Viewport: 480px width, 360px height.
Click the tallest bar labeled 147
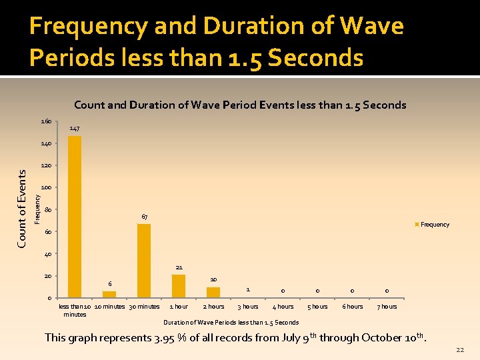[75, 217]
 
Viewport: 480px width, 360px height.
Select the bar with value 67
[144, 261]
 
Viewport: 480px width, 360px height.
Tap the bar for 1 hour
[179, 286]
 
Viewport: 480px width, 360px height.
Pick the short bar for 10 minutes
[109, 294]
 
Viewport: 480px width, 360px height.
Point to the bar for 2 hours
[213, 292]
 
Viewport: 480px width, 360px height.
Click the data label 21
[179, 267]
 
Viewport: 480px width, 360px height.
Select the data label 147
[75, 128]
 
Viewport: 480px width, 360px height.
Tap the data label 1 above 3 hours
[248, 289]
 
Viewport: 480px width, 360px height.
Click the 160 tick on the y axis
[46, 122]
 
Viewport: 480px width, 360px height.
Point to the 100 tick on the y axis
[46, 188]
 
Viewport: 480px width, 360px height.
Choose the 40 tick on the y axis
[47, 254]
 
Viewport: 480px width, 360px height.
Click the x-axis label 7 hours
[387, 307]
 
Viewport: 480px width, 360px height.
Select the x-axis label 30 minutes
[145, 307]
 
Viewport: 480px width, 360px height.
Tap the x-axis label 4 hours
[283, 307]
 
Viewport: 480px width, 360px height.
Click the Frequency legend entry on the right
[434, 225]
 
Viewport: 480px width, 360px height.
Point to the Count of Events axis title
[21, 208]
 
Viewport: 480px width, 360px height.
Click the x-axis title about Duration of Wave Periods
[231, 323]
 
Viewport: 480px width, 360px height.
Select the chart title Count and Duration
[240, 105]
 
